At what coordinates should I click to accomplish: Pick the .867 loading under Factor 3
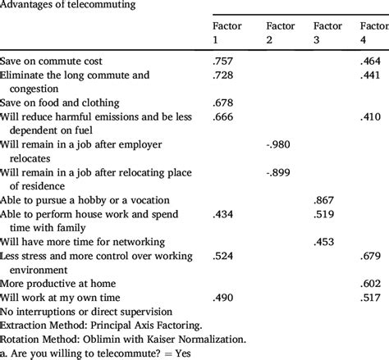[324, 200]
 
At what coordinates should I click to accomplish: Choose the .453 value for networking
[324, 242]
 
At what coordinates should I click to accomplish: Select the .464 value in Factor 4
[371, 62]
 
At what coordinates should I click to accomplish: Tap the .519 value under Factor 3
[324, 214]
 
